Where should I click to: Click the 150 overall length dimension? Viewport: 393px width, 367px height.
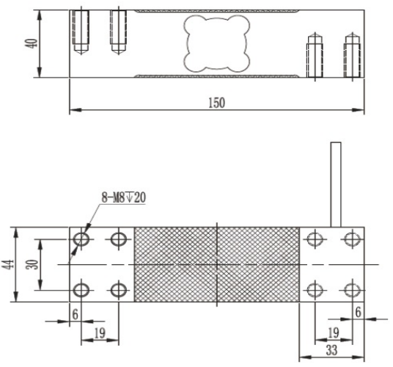(x=216, y=102)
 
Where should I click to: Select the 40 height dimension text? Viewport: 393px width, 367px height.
(x=30, y=44)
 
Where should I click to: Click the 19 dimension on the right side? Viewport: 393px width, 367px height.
(x=333, y=333)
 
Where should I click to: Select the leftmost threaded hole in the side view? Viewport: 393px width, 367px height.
(x=79, y=31)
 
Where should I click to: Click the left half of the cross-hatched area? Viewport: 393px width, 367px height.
(x=176, y=264)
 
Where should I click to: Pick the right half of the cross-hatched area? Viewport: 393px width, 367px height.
(x=258, y=264)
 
